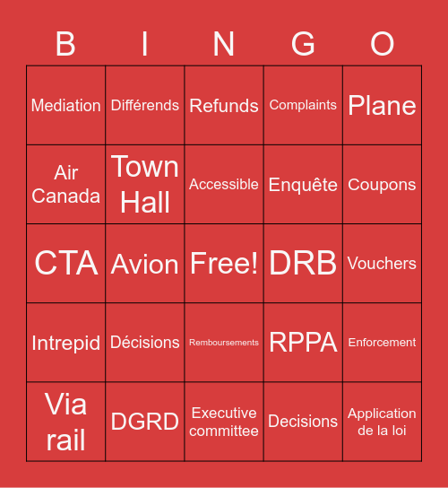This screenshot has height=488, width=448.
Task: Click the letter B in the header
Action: (x=65, y=44)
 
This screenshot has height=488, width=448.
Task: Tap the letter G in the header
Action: (x=303, y=44)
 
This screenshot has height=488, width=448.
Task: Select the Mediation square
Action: (x=66, y=106)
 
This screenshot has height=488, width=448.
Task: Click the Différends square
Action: (x=145, y=106)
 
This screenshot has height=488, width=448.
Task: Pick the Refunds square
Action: (x=224, y=106)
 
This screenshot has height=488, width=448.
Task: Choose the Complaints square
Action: (x=303, y=106)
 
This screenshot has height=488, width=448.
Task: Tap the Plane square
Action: (x=382, y=106)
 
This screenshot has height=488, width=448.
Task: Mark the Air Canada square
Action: (x=66, y=185)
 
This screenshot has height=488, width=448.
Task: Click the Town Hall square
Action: (x=145, y=185)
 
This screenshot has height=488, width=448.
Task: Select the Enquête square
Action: (x=303, y=185)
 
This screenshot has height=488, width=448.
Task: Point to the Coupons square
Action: (x=382, y=185)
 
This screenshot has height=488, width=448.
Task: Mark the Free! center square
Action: (x=224, y=264)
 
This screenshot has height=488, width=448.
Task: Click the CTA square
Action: (x=66, y=264)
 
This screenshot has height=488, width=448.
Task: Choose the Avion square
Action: (x=145, y=264)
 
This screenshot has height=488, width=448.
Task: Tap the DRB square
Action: (x=303, y=264)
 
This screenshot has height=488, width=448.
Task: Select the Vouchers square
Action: (x=382, y=264)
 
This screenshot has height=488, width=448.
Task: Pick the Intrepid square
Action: (x=66, y=343)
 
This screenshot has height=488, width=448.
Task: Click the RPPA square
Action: (x=303, y=343)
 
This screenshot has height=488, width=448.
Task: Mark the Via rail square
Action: (x=66, y=422)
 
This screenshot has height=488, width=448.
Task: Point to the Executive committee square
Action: (x=224, y=422)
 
